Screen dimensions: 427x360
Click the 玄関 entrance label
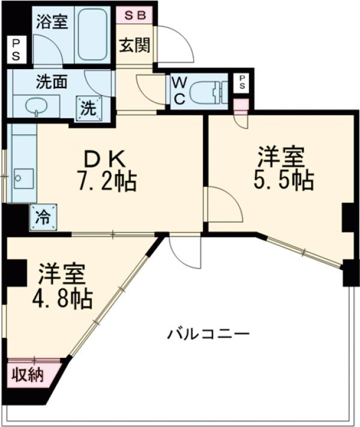tap(134, 45)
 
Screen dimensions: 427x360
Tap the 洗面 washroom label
tap(51, 80)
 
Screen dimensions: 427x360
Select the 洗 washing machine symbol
tap(88, 109)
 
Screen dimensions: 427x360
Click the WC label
tap(178, 91)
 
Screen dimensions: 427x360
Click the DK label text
tap(104, 158)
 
